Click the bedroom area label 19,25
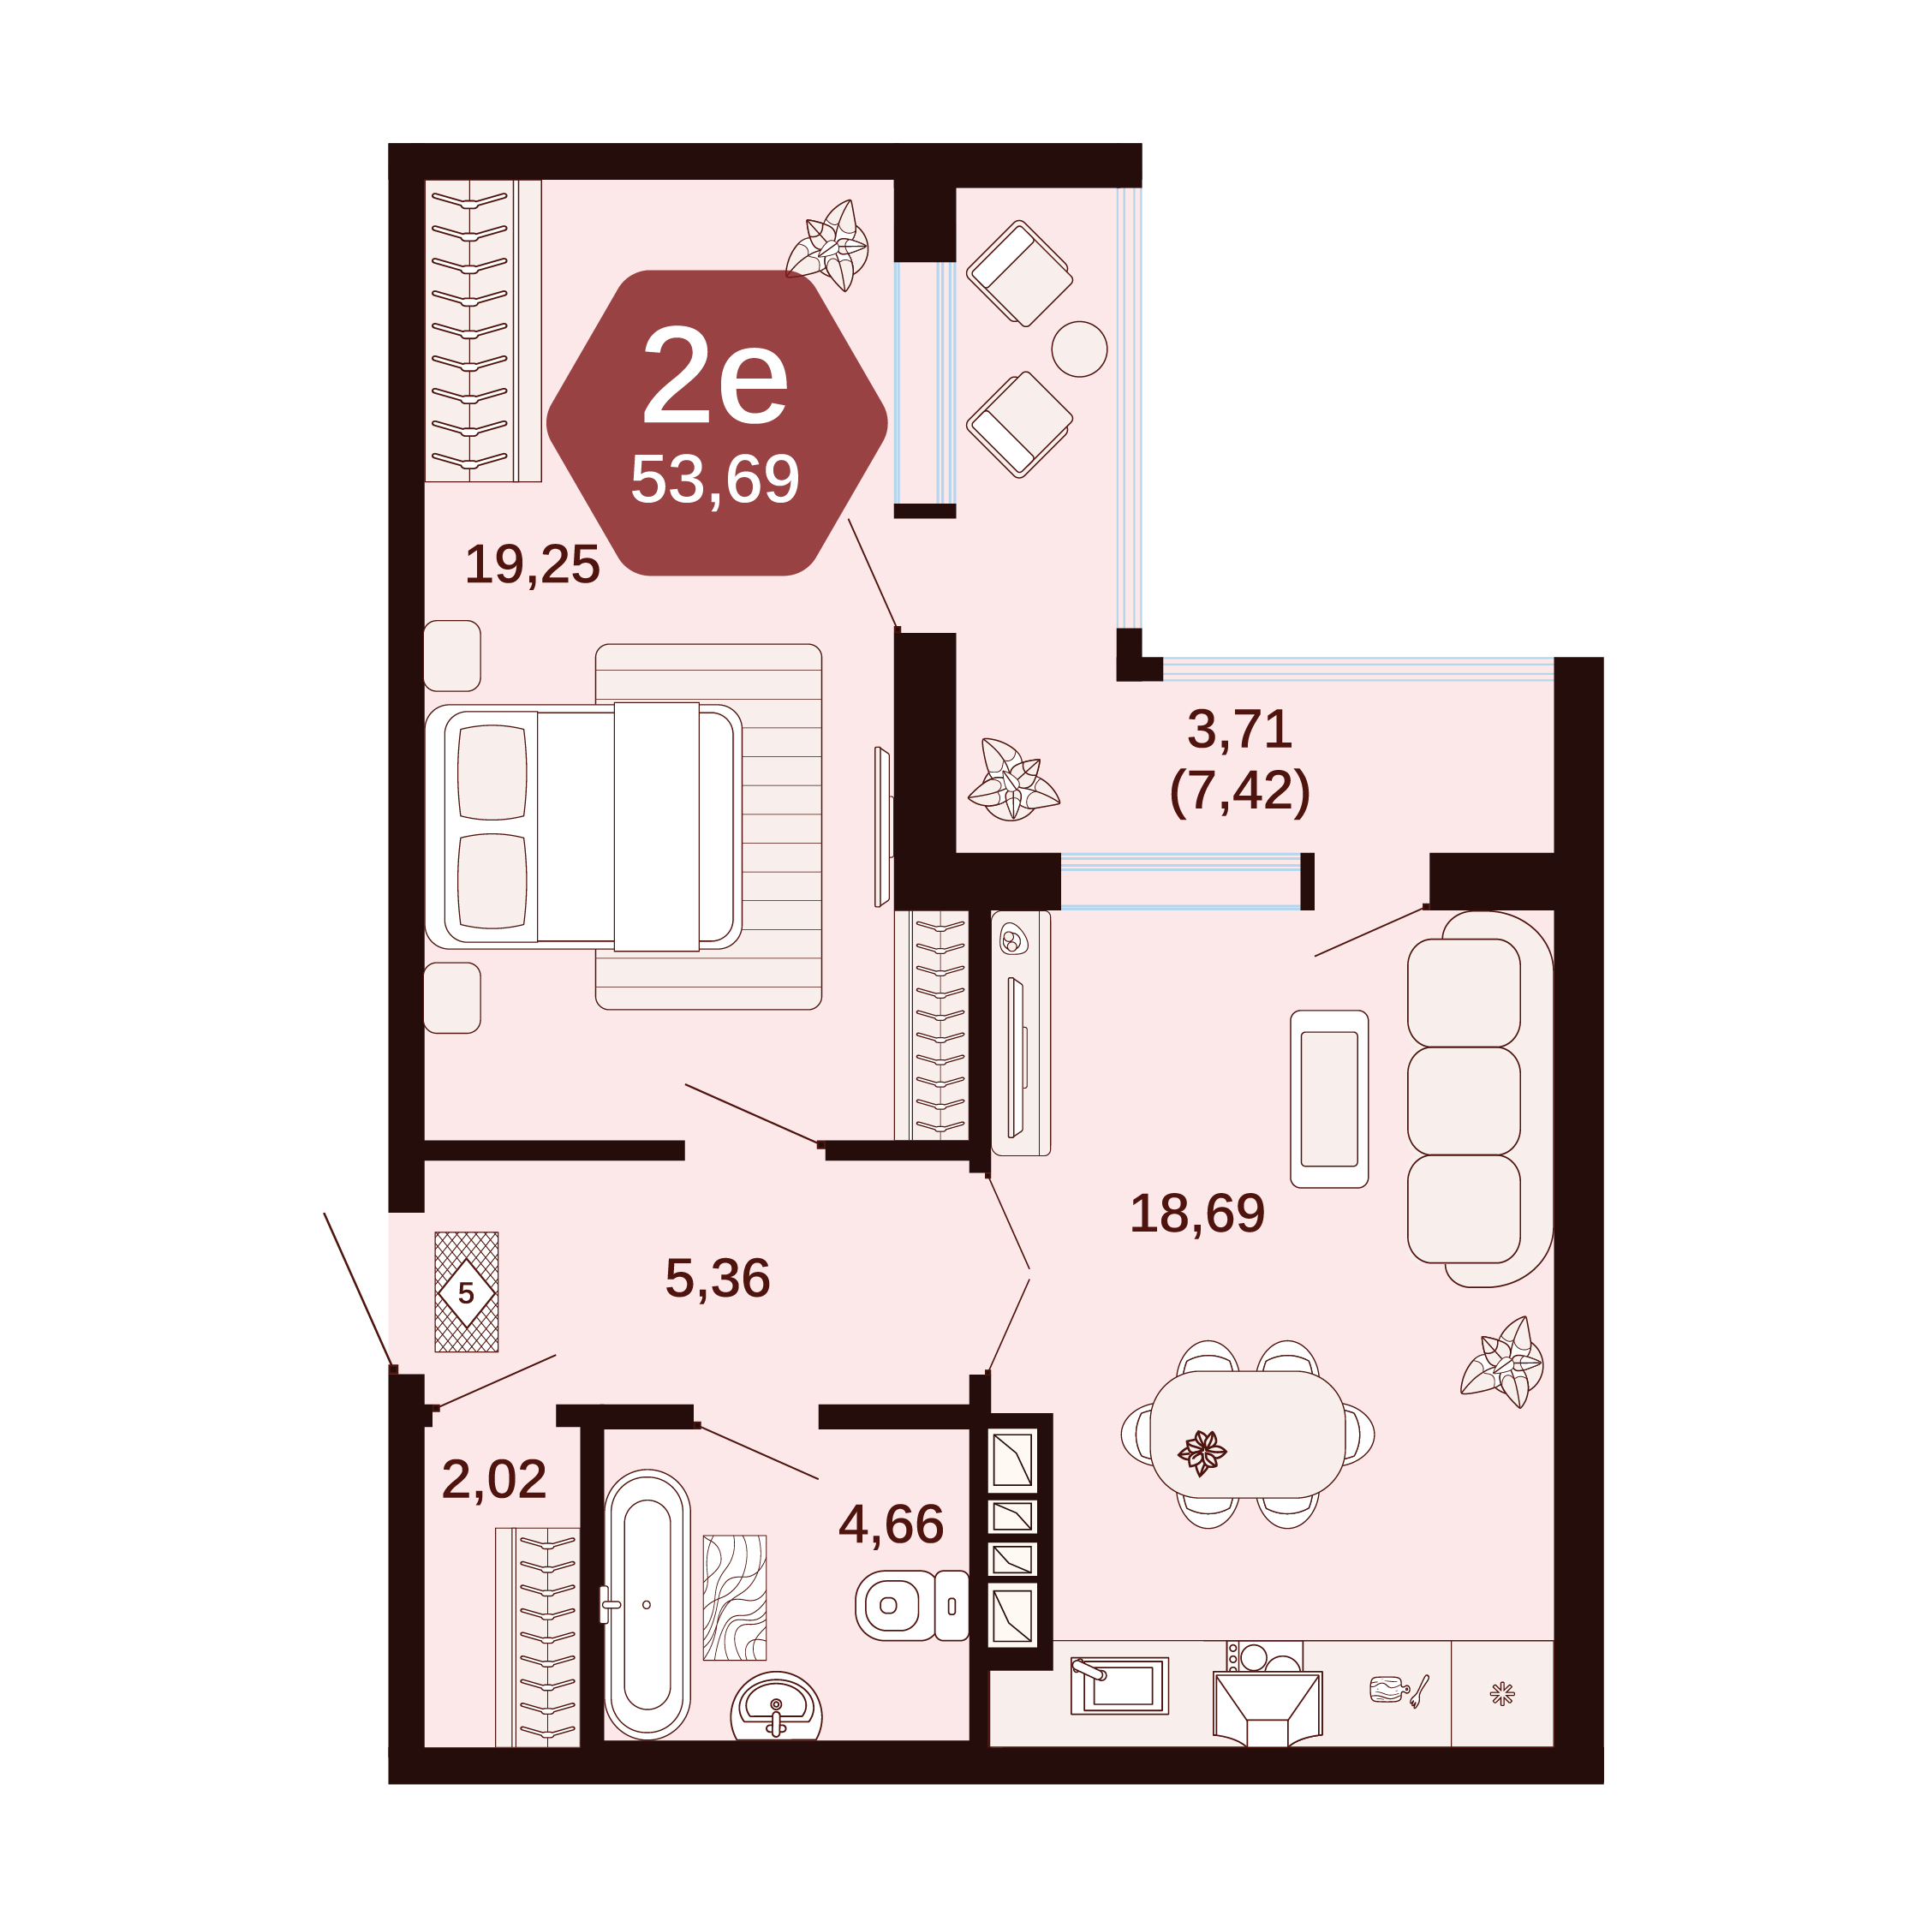pos(533,564)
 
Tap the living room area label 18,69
pos(1197,1214)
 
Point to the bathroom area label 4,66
pos(891,1525)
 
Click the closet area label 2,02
pos(493,1479)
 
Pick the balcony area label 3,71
pos(1240,729)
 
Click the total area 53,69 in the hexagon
pos(715,480)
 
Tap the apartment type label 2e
pos(715,376)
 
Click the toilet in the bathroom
pos(911,1606)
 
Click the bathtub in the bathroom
pos(647,1605)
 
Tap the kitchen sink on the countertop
pos(1119,1685)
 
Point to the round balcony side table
pos(1079,349)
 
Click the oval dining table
pos(1248,1435)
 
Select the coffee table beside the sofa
pos(1328,1099)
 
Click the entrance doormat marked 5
pos(466,1292)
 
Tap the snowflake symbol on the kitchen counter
pos(1502,1693)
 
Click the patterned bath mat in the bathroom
pos(735,1598)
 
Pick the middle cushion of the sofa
pos(1463,1101)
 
